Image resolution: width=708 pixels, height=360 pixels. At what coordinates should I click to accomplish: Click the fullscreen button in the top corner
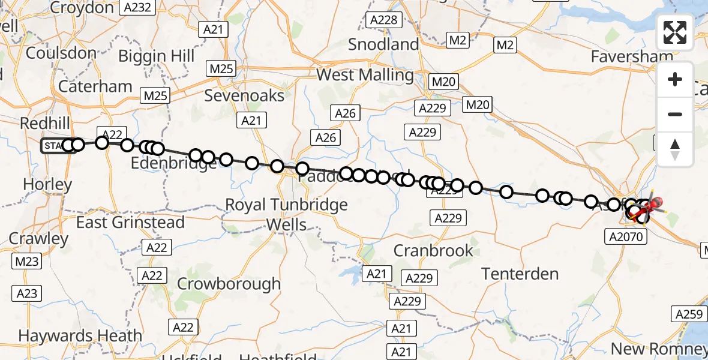(675, 32)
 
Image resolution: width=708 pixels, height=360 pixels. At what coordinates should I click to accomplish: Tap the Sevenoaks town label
(244, 95)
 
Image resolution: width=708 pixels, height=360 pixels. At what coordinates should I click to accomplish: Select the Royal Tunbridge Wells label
(286, 215)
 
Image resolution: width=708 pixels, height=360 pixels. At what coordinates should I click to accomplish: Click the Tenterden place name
(520, 274)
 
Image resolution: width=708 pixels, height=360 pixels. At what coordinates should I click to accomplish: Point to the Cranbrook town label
(434, 250)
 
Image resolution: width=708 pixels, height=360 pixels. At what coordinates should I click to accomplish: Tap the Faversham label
(632, 56)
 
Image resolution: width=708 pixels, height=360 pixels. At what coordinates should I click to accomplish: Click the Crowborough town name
(229, 284)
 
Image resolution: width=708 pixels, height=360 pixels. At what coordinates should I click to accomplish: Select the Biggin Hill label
(157, 56)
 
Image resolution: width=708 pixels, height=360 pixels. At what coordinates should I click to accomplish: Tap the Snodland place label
(383, 44)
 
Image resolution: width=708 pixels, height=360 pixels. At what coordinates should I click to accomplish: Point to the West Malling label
(365, 75)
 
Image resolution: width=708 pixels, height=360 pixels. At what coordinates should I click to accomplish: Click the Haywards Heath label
(80, 335)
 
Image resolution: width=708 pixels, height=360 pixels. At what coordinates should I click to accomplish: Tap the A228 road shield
(383, 20)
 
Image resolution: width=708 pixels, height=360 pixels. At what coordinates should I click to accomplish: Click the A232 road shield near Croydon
(137, 8)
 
